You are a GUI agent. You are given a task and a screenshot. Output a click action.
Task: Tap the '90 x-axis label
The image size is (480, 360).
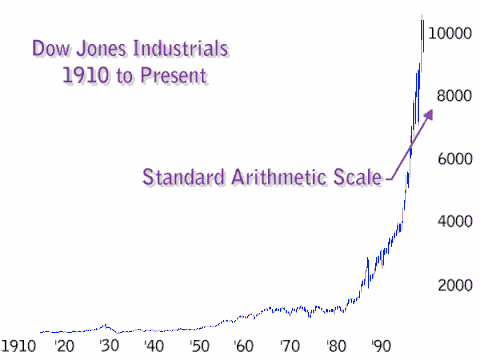(381, 345)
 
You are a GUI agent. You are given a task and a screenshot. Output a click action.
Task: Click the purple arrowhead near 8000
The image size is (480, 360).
(429, 115)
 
